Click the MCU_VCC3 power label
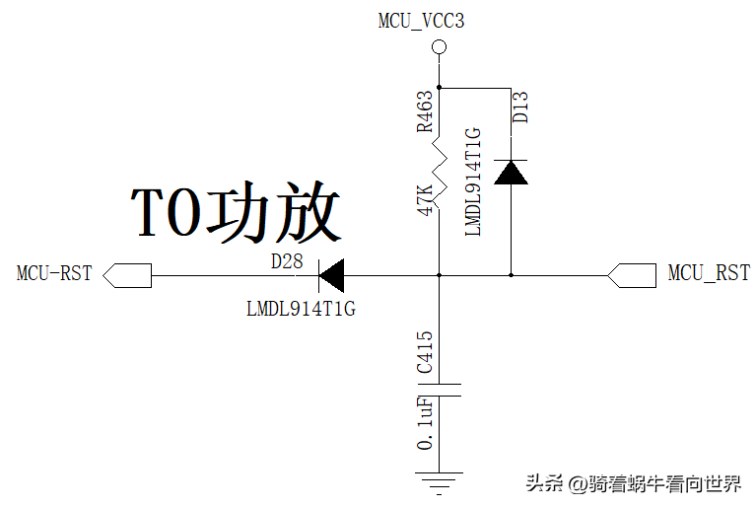(421, 20)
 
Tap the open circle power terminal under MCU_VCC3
(441, 46)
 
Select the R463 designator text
(424, 111)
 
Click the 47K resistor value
(425, 197)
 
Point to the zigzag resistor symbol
(440, 173)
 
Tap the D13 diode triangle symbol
(512, 172)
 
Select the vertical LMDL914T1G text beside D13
(472, 181)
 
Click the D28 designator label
(287, 261)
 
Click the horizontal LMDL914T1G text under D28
(301, 309)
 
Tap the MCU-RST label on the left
(54, 273)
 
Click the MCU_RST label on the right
(709, 273)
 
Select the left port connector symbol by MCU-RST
(129, 274)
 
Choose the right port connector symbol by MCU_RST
(633, 274)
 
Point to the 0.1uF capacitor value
(425, 424)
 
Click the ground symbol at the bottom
(440, 483)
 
